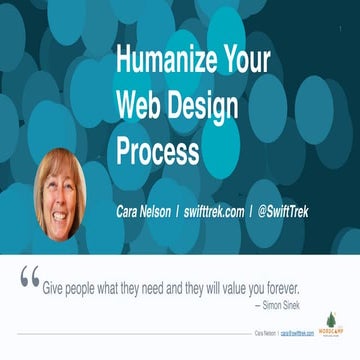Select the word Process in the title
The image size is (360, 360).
[157, 149]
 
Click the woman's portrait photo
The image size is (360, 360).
[60, 192]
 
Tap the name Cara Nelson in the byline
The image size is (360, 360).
[145, 213]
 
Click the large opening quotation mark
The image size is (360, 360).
[30, 278]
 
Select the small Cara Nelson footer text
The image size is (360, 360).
[265, 331]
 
